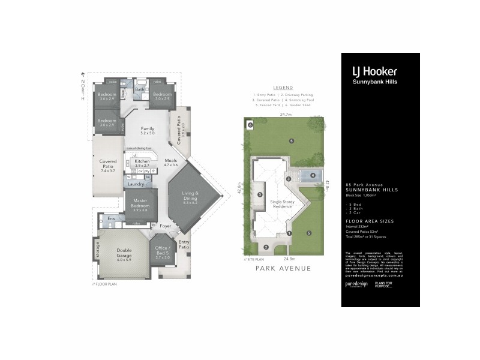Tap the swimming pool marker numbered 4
coord(313,175)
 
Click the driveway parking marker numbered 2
coord(266,247)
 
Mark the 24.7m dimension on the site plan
coord(285,114)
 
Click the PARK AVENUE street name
coord(283,269)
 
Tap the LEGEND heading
coord(283,87)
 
